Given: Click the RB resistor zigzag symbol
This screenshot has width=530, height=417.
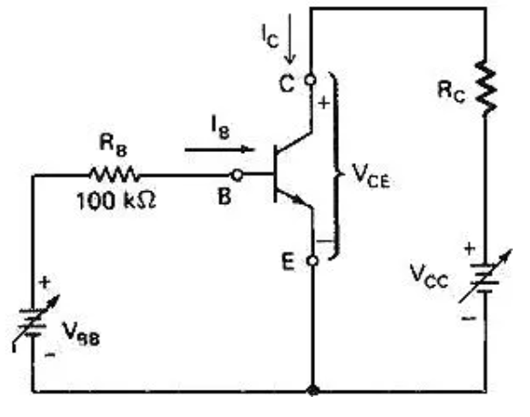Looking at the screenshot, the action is tap(114, 175).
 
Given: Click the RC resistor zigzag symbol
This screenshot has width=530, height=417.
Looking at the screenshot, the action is tap(485, 88).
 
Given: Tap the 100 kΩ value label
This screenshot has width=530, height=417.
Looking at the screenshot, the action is tap(117, 200).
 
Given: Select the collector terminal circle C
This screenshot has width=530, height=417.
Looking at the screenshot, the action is tap(311, 80).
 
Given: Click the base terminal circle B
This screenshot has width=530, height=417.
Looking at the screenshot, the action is tap(237, 175).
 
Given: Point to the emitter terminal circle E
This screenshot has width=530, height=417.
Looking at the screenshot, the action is tap(313, 261).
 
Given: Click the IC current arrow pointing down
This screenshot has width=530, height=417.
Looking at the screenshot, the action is tap(290, 39).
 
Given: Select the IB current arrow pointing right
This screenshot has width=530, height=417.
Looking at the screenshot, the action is tap(219, 149).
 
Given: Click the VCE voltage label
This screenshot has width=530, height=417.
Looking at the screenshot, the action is tap(371, 176).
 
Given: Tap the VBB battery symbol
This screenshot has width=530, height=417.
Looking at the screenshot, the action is tap(34, 322).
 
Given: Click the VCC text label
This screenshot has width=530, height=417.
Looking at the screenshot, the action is tap(429, 277).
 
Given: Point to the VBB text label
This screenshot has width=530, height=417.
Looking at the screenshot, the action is tap(81, 334).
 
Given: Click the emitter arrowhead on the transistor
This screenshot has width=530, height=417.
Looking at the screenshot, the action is tap(298, 199).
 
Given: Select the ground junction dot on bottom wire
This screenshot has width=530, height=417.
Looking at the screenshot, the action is tap(312, 392).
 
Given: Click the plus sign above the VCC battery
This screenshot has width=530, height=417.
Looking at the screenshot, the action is tap(470, 249).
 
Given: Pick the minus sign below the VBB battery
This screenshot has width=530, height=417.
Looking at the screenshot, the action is tap(50, 354).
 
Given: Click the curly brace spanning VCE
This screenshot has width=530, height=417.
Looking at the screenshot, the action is tap(335, 167).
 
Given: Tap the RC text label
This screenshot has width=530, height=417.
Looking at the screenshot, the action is tap(451, 92).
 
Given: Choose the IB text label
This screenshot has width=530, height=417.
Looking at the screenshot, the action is tap(220, 127).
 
